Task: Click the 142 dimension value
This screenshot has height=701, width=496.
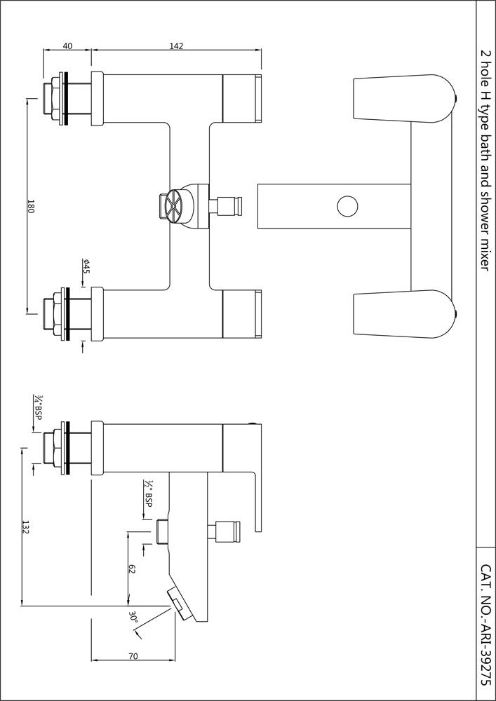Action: coord(177,46)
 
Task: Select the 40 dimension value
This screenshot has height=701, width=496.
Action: coord(67,46)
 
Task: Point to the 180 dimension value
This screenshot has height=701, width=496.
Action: coord(30,206)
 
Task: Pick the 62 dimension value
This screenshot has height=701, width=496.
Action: coord(131,569)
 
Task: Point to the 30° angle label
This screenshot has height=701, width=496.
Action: coord(133,616)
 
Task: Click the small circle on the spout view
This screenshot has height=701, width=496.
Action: coord(347,206)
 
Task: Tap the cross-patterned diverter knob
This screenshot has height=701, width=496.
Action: coord(175,206)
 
